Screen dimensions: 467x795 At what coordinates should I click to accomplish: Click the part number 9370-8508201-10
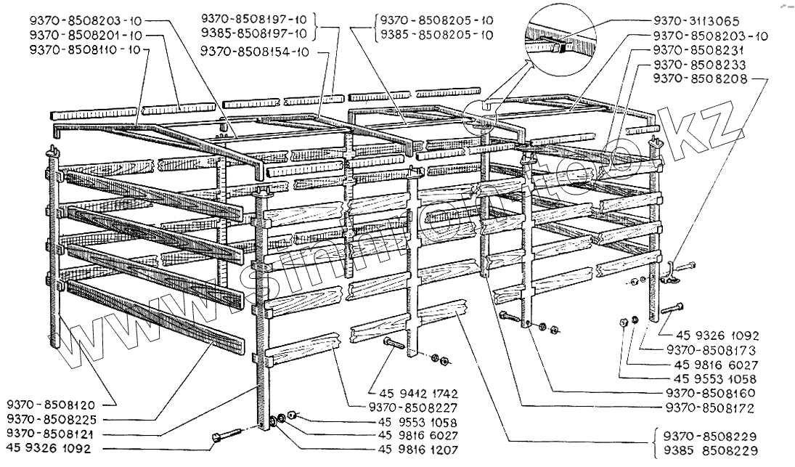coord(86,35)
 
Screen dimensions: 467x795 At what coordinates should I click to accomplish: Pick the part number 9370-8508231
coord(696,49)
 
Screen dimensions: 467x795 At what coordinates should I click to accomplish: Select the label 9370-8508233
coord(696,64)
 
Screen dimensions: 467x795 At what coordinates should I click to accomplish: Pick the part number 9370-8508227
coord(417,407)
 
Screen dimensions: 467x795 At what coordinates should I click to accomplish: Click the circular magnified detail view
coord(559,38)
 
